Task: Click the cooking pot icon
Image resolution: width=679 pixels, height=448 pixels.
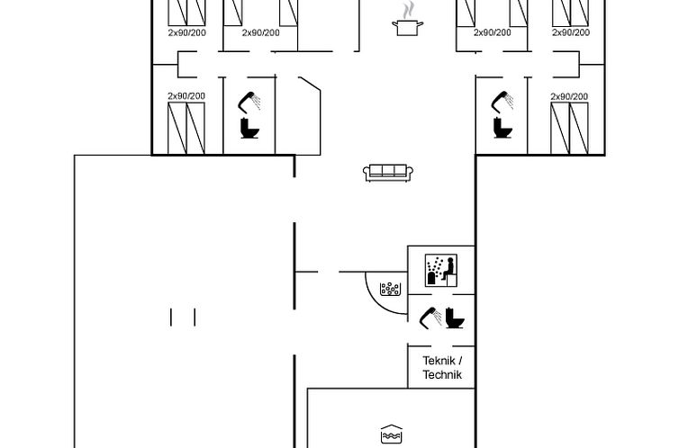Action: coord(406,28)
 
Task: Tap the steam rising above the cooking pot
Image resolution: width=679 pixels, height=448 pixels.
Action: coord(409,10)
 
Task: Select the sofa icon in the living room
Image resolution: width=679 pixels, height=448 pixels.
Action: coord(388,172)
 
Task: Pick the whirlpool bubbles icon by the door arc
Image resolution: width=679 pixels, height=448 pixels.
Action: coord(391,289)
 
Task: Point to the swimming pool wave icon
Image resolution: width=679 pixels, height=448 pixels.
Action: coord(390,431)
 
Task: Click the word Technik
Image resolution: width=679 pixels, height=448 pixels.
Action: coord(442,374)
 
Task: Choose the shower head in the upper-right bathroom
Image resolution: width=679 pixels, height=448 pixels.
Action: coord(501,100)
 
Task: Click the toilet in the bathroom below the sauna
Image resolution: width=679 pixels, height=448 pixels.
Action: coord(455,319)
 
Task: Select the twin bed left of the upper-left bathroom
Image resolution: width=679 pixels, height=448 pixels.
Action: coord(186,128)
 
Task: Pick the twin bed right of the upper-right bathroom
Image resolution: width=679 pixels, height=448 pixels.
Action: coord(569,128)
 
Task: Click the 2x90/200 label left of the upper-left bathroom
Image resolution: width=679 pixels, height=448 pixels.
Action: coord(186,96)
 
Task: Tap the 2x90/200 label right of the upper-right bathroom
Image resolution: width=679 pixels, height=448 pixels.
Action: coord(569,96)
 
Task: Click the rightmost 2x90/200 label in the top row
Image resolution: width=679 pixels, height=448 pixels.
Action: coord(570,32)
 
